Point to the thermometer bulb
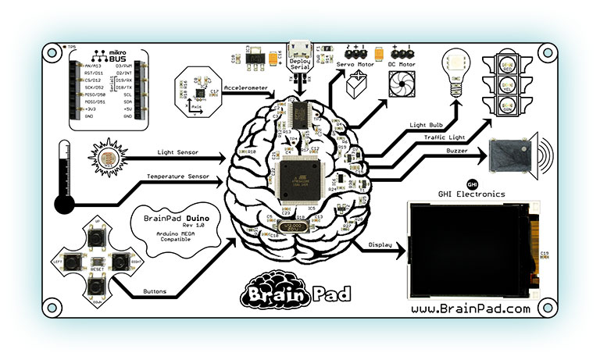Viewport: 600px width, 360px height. (x=64, y=205)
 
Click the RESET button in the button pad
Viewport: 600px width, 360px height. (x=97, y=260)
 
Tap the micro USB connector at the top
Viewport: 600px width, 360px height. (x=301, y=57)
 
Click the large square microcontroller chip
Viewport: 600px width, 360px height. (x=302, y=176)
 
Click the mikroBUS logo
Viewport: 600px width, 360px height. (x=109, y=58)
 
